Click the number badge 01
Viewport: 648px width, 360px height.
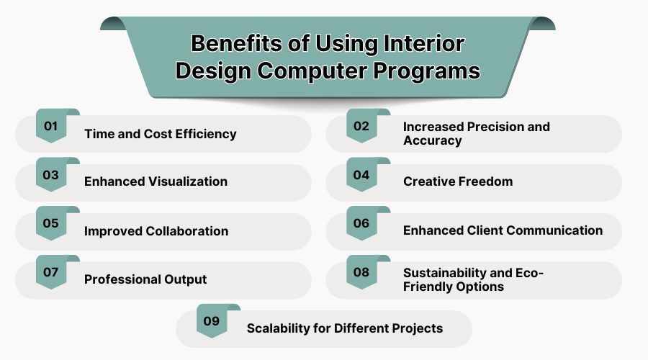coord(50,126)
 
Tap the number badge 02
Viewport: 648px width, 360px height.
coord(361,126)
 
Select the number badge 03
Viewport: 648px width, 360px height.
coord(50,175)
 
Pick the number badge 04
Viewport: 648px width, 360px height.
coord(361,175)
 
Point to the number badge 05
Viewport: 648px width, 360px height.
coord(50,224)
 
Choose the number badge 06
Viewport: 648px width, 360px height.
coord(361,224)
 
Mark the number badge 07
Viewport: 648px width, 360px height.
coord(50,272)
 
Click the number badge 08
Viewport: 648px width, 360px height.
coord(361,272)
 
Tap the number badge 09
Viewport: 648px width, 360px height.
coord(211,321)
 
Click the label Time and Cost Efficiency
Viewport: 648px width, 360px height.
coord(160,134)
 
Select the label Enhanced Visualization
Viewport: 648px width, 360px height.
coord(156,181)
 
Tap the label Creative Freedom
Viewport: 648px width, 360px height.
coord(458,181)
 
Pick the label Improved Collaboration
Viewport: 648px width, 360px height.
coord(156,231)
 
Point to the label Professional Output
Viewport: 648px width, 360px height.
coord(145,279)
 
